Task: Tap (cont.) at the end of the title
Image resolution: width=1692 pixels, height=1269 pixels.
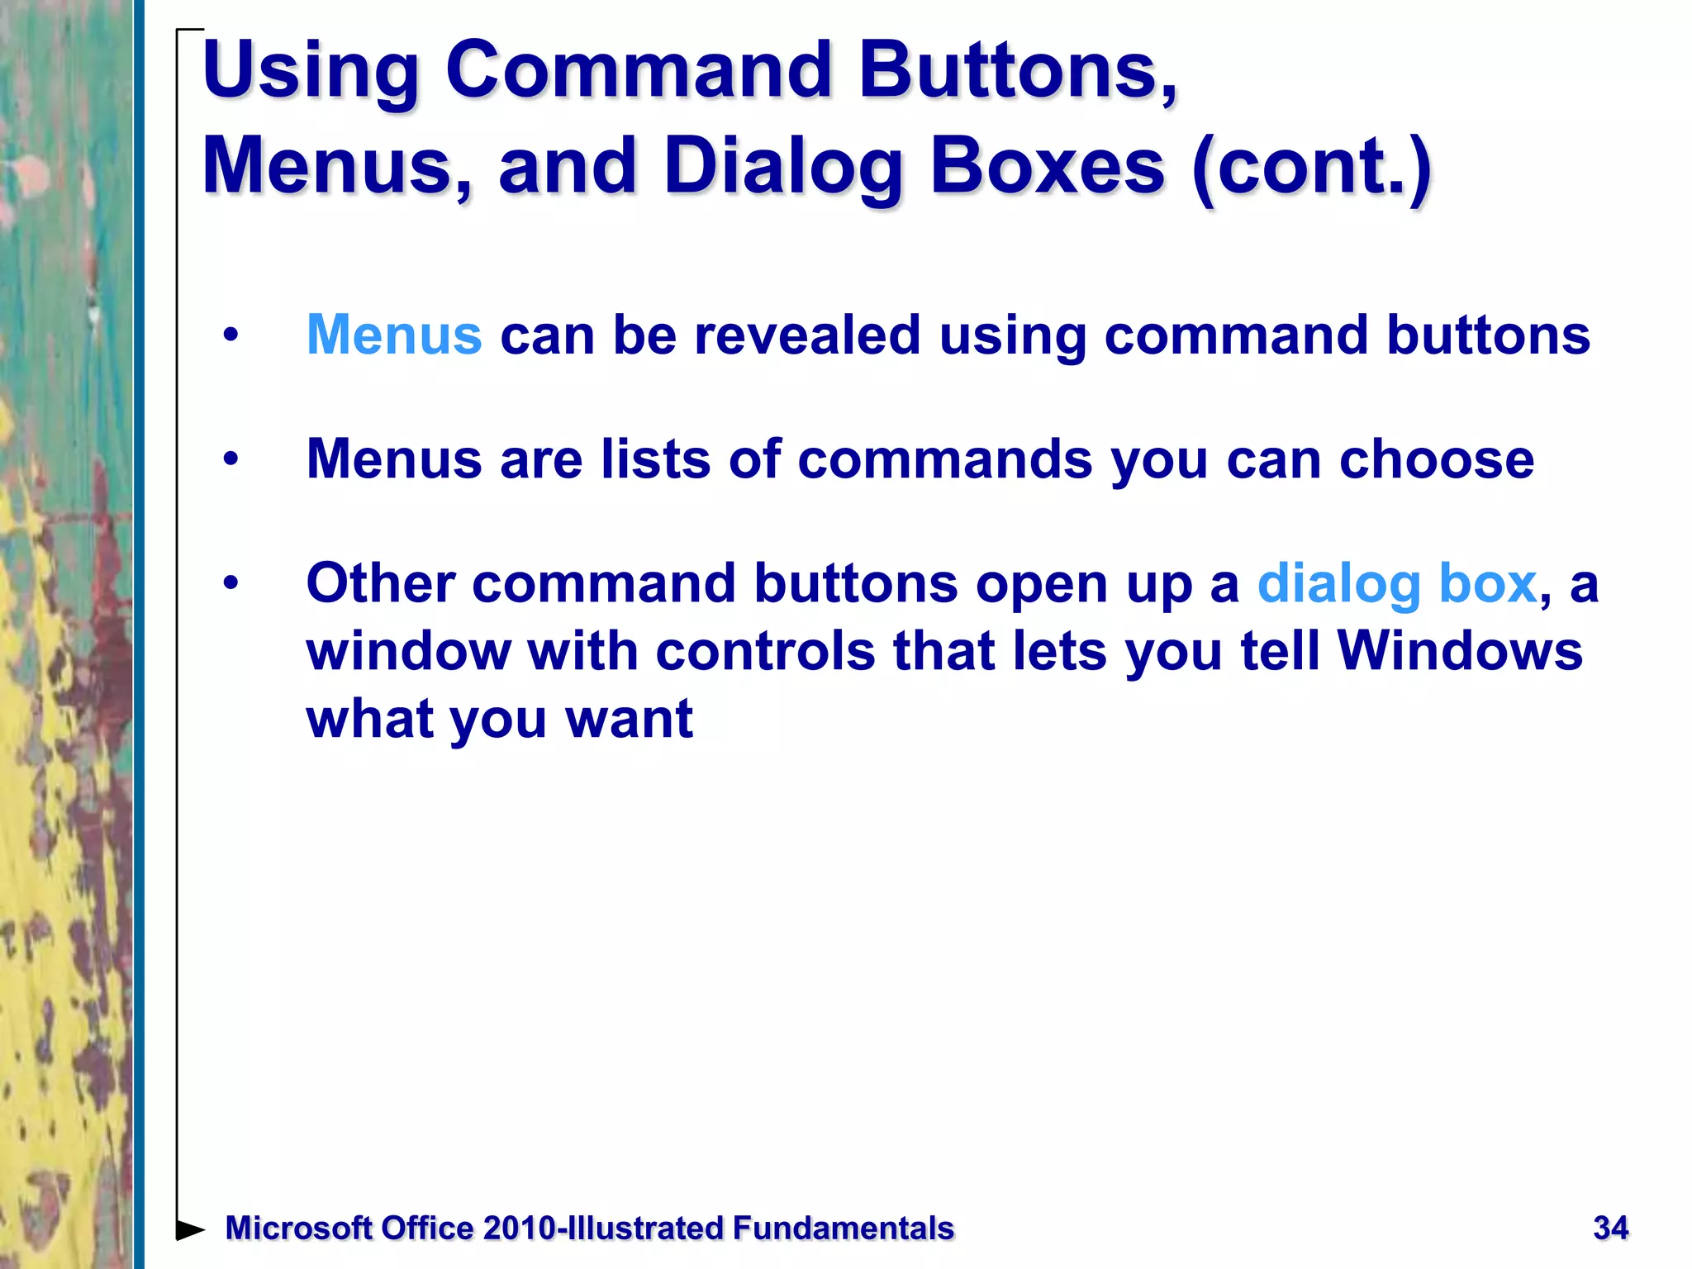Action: point(1311,169)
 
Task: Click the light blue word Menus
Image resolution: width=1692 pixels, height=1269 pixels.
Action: point(394,335)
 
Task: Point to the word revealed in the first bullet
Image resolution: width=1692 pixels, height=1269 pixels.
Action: point(807,335)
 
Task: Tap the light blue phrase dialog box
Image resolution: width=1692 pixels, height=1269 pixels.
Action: point(1396,584)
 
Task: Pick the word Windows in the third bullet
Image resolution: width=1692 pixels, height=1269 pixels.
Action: point(1459,652)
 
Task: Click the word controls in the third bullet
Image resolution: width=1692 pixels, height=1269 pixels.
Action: point(765,652)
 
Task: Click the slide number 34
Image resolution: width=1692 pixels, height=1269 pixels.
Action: point(1610,1229)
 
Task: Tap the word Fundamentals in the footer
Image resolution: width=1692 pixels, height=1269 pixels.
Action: point(843,1229)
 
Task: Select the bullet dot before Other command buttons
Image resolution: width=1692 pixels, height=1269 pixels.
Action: point(231,584)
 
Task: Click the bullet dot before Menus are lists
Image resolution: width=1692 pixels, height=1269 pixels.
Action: point(231,459)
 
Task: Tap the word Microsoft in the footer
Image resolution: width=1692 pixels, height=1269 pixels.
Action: point(298,1229)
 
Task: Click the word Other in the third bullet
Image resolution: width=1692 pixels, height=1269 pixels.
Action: point(380,584)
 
